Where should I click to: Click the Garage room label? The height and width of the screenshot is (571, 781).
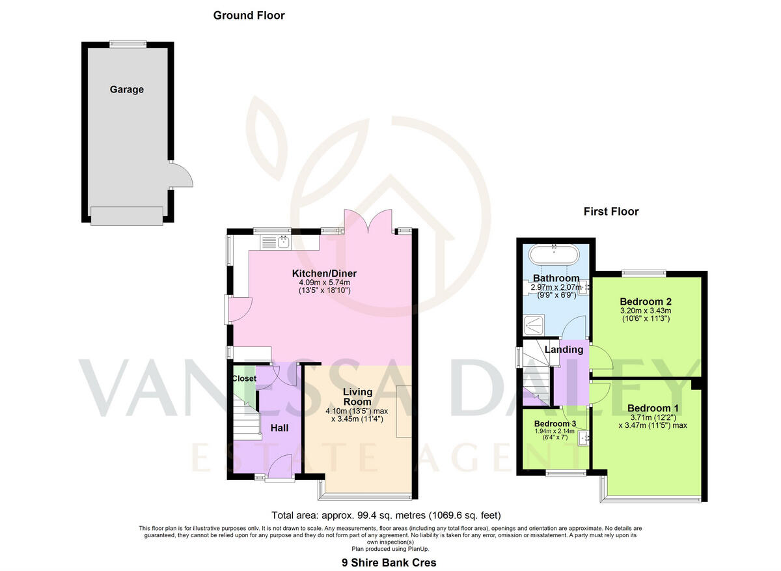126,90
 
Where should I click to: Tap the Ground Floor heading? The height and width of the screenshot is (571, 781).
249,15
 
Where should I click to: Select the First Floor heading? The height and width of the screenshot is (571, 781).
610,212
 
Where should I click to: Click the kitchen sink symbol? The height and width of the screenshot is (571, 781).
282,242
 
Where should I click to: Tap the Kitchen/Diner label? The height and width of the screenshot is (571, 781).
323,273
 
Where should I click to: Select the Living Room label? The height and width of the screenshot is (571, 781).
358,397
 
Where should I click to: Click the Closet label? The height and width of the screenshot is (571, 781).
244,378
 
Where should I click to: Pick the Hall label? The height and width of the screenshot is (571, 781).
279,428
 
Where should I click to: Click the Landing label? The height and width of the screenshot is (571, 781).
564,350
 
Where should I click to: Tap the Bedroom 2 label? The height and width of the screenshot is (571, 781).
645,301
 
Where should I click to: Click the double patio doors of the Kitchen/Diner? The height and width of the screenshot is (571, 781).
368,221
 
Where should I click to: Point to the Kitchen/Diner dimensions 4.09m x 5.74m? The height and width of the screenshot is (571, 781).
324,283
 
